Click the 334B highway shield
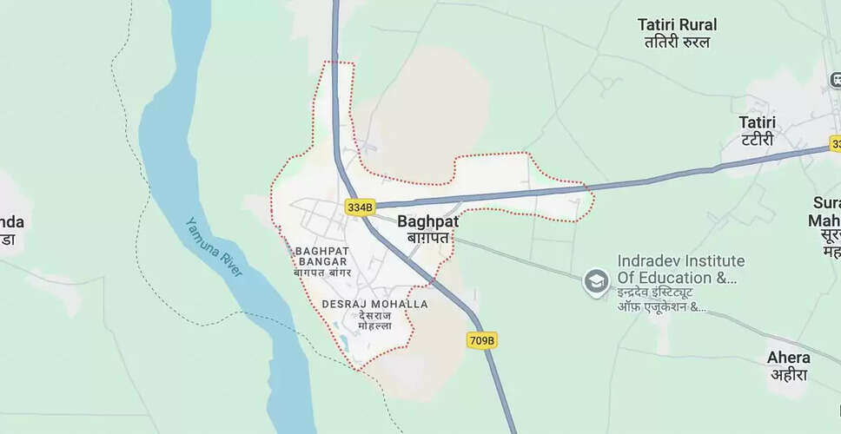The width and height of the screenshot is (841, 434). [359, 207]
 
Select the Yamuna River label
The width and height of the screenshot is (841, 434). [215, 247]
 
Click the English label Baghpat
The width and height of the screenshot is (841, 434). [427, 221]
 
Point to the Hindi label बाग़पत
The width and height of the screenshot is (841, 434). [427, 237]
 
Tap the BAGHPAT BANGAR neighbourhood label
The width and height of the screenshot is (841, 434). [322, 255]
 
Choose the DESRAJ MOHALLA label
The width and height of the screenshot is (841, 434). [374, 304]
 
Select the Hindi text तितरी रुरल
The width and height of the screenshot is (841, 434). [677, 42]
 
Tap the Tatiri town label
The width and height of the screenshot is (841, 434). [757, 122]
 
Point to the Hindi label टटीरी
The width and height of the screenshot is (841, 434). [757, 140]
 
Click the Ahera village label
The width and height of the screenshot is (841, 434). [788, 358]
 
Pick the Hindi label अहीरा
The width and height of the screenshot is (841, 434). [788, 375]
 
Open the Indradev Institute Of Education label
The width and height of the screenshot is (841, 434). [680, 269]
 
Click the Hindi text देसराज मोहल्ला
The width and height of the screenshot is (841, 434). [374, 320]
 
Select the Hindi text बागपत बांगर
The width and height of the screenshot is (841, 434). [322, 273]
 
